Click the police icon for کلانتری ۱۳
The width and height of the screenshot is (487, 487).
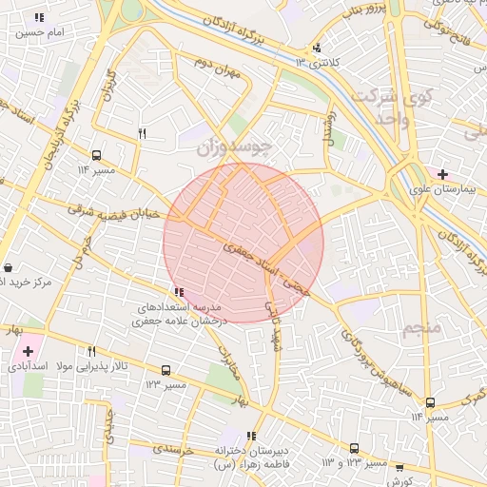tap(317, 48)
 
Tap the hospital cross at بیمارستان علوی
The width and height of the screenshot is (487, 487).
tap(441, 174)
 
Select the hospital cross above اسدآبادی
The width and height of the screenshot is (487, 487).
tap(28, 351)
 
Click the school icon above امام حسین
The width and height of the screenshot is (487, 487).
tap(39, 18)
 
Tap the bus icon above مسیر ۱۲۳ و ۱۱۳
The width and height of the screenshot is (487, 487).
tap(354, 448)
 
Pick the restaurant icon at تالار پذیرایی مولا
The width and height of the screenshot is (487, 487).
tap(92, 351)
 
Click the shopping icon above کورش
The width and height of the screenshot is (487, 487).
tap(399, 467)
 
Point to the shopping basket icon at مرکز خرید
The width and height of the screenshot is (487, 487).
tap(9, 268)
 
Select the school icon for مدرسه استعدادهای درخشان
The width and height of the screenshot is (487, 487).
tap(179, 293)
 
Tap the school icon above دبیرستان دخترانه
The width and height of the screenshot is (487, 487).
tap(251, 436)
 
